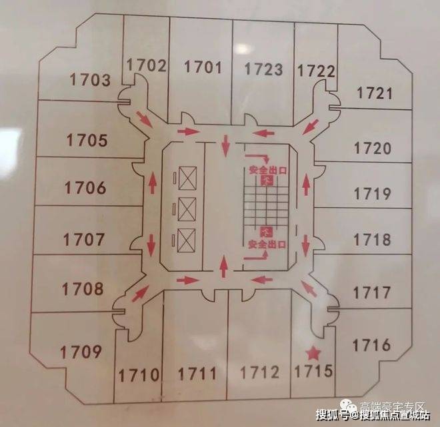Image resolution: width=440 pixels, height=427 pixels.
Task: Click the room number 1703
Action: click(90, 81)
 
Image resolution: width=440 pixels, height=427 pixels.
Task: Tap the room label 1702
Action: click(145, 65)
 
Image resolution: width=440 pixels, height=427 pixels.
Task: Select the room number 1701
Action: click(202, 67)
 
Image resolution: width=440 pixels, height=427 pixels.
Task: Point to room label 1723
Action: click(263, 69)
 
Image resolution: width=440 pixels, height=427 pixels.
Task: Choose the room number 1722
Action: click(315, 71)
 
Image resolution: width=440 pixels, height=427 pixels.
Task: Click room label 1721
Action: click(375, 93)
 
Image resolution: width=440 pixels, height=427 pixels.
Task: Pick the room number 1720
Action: click(373, 148)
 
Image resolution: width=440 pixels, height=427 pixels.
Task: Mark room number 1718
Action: click(372, 240)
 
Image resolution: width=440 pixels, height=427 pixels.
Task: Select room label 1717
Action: click(371, 292)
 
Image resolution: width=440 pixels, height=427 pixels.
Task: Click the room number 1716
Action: click(371, 345)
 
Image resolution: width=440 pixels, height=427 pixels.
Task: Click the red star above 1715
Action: click(313, 353)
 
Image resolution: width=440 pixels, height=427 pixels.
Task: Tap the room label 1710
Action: click(139, 374)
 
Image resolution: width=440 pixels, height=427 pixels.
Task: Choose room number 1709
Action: click(81, 352)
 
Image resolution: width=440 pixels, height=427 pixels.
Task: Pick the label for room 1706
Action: click(85, 188)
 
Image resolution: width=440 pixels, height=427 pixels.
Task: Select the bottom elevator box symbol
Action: click(186, 238)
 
